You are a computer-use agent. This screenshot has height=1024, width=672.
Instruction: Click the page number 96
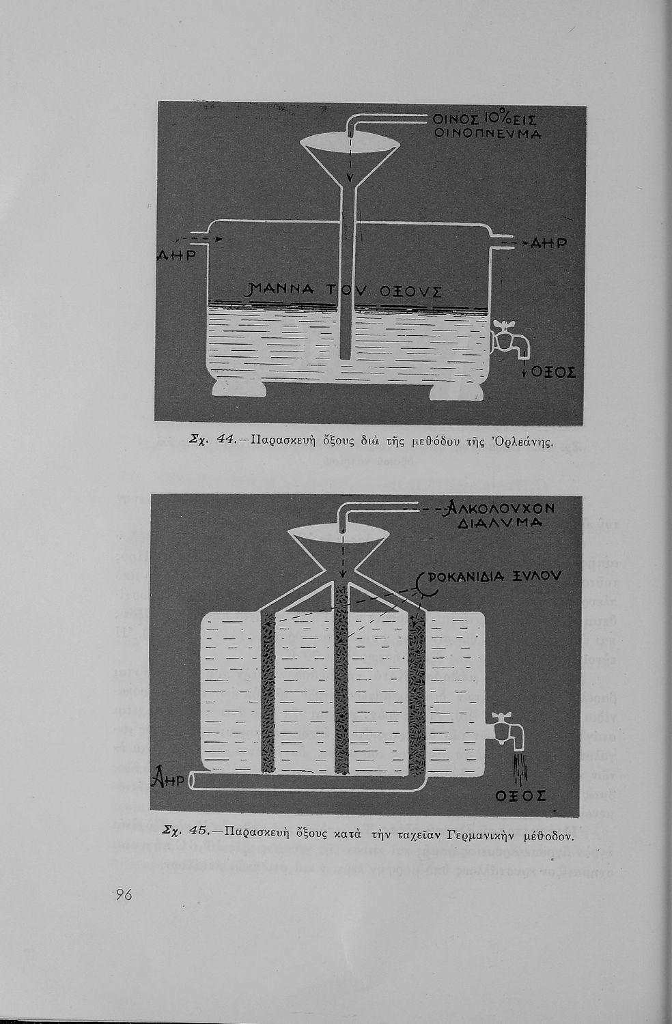point(124,895)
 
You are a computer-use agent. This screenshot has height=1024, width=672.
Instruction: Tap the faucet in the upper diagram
point(511,338)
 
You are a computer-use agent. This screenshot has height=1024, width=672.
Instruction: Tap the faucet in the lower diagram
point(507,730)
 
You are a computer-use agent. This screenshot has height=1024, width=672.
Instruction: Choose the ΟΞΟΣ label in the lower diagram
point(521,796)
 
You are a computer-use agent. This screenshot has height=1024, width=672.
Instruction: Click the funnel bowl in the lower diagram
point(341,546)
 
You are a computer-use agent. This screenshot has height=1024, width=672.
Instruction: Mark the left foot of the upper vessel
point(238,388)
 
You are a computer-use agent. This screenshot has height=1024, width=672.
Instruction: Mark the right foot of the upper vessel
point(456,392)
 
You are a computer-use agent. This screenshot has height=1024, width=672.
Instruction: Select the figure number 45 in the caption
point(198,831)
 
